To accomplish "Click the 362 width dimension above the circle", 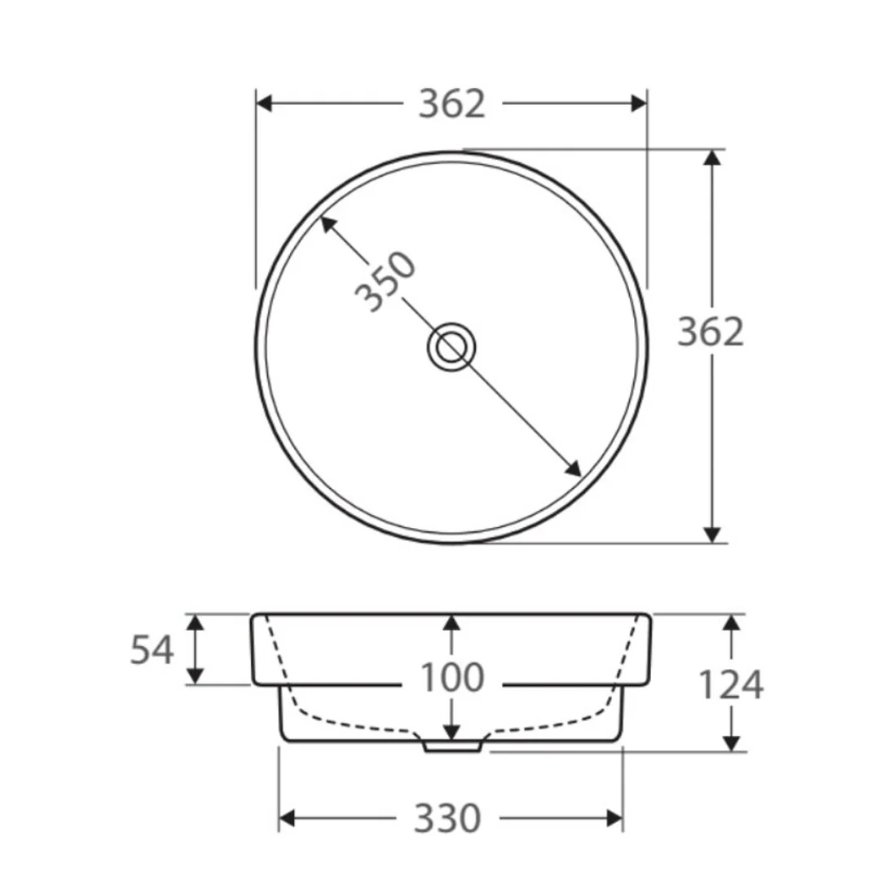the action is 451,103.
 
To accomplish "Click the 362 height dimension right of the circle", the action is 711,331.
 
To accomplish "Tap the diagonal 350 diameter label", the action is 386,281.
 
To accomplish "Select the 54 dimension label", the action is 152,650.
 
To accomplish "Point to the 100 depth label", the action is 451,677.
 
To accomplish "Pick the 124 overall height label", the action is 731,684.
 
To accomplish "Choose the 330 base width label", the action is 447,818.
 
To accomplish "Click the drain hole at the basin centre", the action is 451,347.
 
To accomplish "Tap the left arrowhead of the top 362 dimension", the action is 264,103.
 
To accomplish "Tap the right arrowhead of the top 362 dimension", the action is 639,103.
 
